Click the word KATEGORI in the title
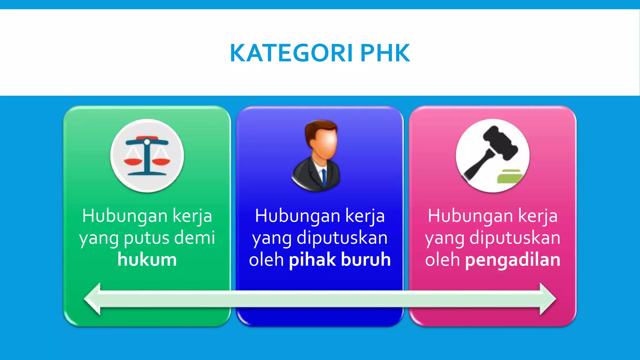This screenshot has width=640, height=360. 291,53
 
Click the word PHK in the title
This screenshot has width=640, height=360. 385,53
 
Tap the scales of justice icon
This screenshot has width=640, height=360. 147,156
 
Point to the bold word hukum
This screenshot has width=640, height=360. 147,260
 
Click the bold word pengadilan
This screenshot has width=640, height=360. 512,260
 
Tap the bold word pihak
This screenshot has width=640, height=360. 312,260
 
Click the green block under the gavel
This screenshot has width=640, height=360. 509,177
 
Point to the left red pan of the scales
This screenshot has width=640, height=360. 133,161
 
